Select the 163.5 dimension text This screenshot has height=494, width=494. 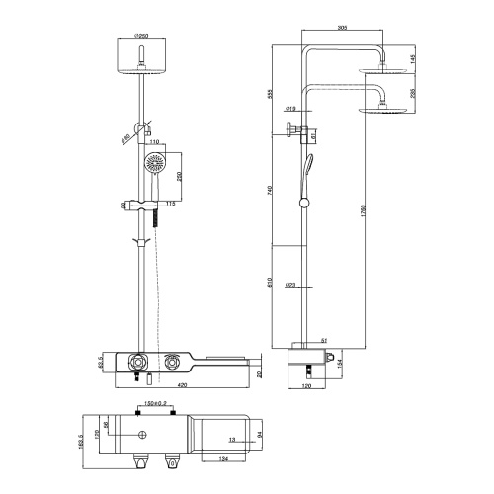[x=81, y=440]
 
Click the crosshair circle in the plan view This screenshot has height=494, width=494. [x=144, y=434]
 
